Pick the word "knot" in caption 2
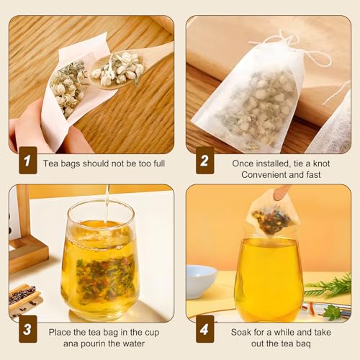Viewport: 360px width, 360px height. point(320,163)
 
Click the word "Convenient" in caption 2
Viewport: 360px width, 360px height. point(263,175)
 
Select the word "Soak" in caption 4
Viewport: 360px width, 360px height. point(243,332)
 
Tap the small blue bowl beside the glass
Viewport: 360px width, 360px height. point(201,279)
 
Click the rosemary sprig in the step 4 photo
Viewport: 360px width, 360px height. point(328,289)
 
